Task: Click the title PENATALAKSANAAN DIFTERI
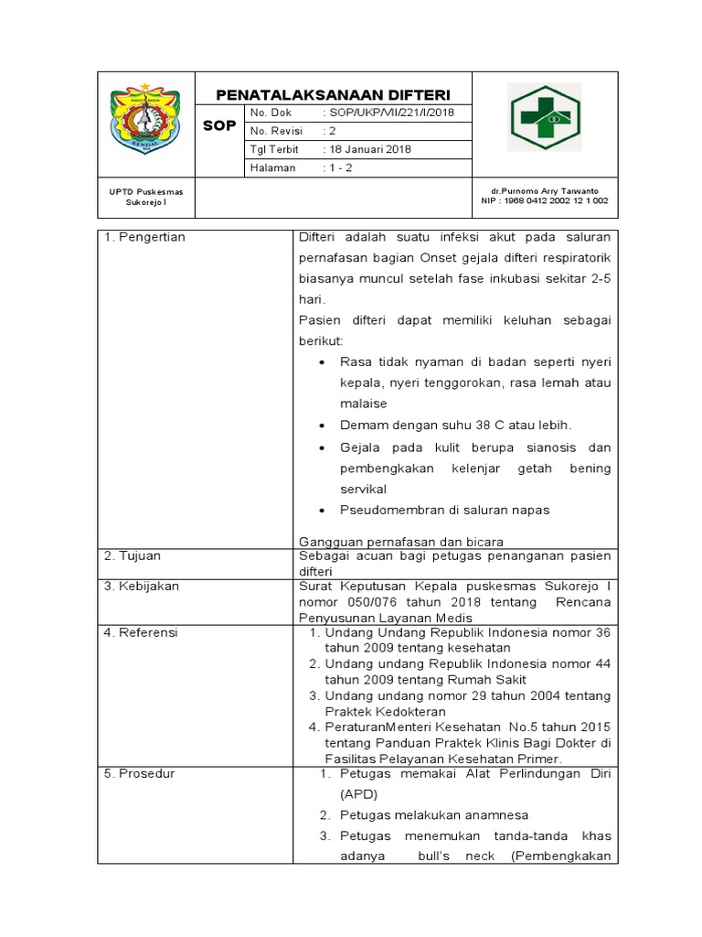click(332, 95)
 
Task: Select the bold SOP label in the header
click(219, 125)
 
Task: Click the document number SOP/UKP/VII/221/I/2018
click(388, 113)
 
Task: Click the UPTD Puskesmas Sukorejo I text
click(145, 196)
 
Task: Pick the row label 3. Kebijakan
click(142, 587)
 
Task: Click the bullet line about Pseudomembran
click(444, 510)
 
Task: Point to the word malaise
click(364, 404)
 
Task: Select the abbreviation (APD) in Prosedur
click(358, 794)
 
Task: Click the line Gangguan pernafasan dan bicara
click(401, 542)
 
